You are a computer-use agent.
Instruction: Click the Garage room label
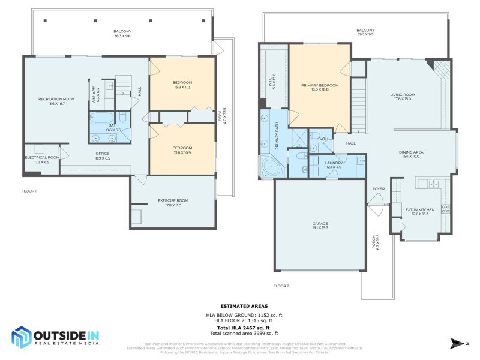320,225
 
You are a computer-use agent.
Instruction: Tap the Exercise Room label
173,203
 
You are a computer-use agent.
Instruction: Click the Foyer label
378,189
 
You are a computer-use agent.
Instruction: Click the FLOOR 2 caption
281,286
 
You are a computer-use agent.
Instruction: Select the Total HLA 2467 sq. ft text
244,328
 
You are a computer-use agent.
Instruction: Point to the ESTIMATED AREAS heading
244,306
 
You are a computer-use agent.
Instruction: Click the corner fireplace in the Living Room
443,69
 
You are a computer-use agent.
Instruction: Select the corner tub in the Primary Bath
268,167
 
